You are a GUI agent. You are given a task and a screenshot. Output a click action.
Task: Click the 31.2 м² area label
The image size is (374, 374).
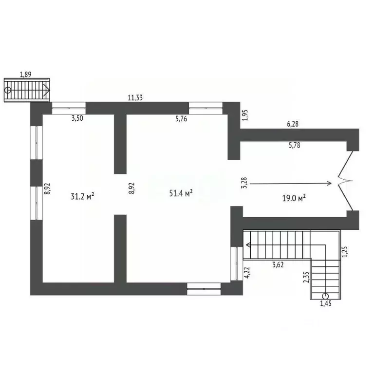coord(82,196)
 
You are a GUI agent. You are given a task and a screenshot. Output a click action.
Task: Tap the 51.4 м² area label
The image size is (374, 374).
coord(181,193)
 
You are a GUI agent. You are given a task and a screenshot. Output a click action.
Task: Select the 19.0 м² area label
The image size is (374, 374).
coord(294,198)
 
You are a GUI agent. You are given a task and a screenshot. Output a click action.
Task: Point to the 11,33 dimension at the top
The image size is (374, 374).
coord(135,97)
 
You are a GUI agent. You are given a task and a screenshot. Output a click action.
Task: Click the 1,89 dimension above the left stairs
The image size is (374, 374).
coord(25,75)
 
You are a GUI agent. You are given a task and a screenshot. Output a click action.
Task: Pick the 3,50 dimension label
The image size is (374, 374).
coord(77,118)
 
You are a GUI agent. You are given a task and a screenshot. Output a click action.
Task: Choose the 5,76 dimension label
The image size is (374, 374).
coord(181,118)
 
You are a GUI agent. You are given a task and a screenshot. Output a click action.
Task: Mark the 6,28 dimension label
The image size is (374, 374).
coord(293,124)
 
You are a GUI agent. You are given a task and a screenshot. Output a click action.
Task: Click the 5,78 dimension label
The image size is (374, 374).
coord(294,145)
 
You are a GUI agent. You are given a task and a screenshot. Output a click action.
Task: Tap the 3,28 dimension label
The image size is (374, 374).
coord(244,183)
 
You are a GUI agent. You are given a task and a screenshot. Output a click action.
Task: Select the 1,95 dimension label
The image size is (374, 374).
coord(245,115)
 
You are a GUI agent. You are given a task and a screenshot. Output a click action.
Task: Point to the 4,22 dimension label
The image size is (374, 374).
coord(247,272)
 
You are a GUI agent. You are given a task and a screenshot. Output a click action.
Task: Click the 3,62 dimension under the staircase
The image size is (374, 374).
coord(278,264)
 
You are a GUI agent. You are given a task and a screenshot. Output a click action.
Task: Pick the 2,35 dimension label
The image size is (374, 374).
coord(306,277)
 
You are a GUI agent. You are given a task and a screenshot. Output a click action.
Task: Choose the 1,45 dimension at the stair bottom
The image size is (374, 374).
coord(326,303)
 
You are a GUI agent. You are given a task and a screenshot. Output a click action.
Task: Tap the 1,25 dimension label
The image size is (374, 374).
coord(345,252)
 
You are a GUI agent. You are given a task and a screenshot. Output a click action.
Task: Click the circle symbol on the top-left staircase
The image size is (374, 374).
coord(8,90)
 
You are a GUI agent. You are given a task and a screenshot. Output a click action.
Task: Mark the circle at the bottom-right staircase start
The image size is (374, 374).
coord(325,296)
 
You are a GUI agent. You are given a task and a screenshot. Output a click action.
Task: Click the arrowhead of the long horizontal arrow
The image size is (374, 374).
coord(330,183)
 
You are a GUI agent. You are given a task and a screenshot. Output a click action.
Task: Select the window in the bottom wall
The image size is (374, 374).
coord(204,289)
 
